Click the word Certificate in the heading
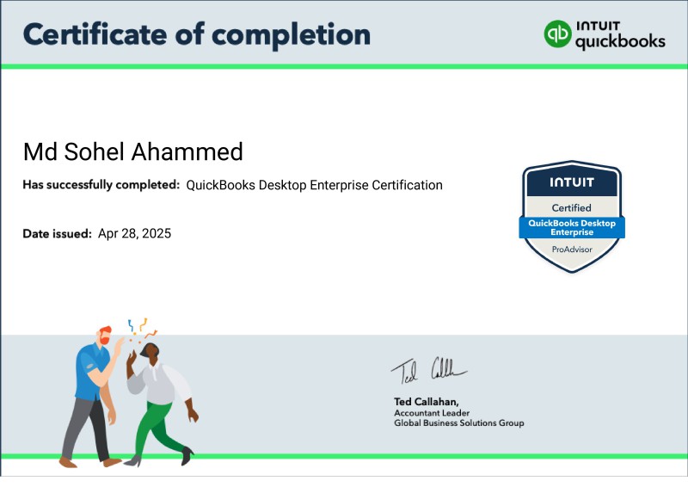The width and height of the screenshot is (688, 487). point(95,34)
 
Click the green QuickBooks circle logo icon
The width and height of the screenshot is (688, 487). point(557,34)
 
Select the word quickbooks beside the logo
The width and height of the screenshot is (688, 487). point(620,41)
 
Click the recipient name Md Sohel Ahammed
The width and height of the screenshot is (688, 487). point(133,152)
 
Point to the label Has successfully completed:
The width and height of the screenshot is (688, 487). point(101,185)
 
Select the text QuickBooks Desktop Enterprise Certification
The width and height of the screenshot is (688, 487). point(314,185)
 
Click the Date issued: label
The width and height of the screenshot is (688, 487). point(57,234)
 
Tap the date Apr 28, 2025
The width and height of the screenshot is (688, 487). point(134,234)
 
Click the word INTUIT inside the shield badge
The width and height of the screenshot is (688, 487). point(572,182)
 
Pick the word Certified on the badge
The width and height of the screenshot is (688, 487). point(571,207)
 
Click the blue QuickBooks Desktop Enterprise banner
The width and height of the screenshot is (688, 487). point(572,227)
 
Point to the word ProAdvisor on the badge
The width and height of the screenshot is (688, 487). point(572,250)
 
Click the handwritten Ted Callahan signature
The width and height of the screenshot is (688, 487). point(428,371)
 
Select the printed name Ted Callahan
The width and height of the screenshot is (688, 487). point(426,402)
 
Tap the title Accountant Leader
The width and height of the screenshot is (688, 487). point(432,413)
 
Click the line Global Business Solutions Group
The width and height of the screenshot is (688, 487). point(459,422)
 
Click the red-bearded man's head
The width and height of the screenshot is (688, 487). point(104,335)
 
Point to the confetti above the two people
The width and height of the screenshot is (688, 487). point(142,330)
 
